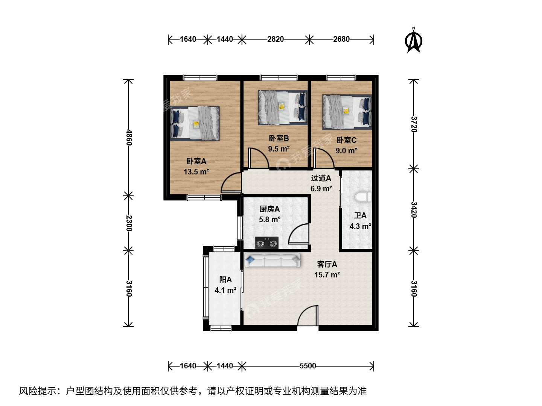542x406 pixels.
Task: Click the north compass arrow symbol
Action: click(414, 40)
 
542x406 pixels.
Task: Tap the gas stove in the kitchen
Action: click(267, 243)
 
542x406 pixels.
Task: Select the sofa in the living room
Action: click(273, 260)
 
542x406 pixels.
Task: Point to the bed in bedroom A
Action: click(195, 123)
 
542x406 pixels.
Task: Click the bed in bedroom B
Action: click(283, 108)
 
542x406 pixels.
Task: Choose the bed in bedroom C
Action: click(347, 112)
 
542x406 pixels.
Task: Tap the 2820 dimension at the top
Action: click(276, 39)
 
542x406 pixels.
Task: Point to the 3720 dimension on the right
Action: click(414, 124)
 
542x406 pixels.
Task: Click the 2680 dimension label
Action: click(341, 39)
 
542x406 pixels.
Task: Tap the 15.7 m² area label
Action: click(327, 275)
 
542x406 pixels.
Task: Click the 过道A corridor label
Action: click(321, 178)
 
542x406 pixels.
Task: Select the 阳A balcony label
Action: click(225, 280)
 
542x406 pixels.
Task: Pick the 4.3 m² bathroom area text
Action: click(360, 226)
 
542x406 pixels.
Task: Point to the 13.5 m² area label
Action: click(196, 171)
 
